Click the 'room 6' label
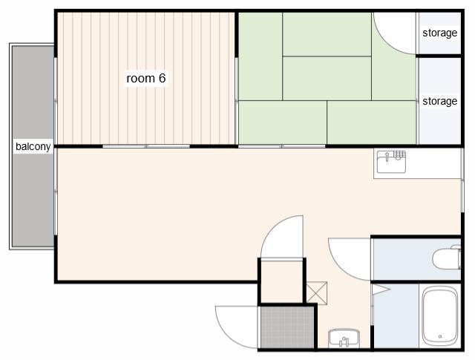click(x=146, y=79)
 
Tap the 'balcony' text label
click(x=33, y=146)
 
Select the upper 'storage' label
click(x=440, y=33)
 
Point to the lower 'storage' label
click(x=440, y=101)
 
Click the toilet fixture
click(x=447, y=258)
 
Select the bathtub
click(x=440, y=317)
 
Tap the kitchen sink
click(x=391, y=162)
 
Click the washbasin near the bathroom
click(x=344, y=338)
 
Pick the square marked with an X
click(x=317, y=293)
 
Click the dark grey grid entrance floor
click(x=287, y=327)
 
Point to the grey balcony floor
click(x=33, y=146)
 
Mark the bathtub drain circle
click(x=440, y=336)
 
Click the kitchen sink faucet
click(x=387, y=157)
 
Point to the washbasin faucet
click(x=344, y=342)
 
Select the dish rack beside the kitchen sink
click(x=399, y=154)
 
